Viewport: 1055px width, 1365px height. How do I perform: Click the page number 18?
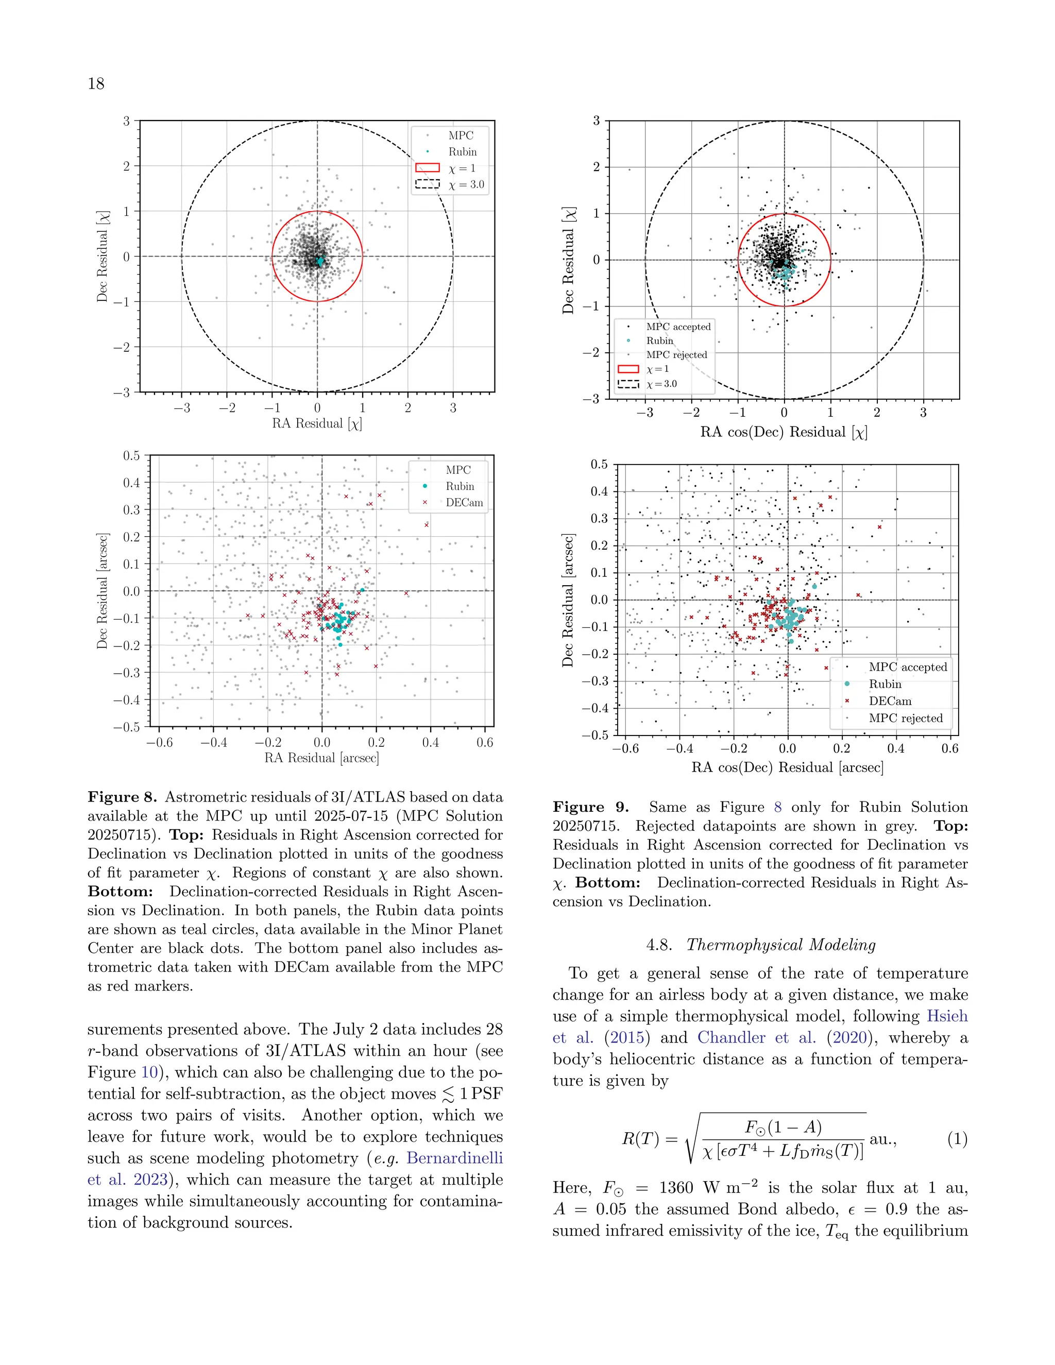(x=96, y=84)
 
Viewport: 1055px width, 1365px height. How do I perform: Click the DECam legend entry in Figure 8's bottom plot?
(x=464, y=503)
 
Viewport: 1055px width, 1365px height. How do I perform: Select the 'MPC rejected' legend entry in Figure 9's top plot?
(x=676, y=354)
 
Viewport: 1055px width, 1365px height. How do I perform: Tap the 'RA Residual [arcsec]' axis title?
(x=321, y=758)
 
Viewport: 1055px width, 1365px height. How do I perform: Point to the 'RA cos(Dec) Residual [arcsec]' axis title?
(x=787, y=767)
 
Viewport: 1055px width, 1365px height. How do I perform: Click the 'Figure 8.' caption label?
(x=122, y=797)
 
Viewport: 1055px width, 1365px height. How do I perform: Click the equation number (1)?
(x=957, y=1139)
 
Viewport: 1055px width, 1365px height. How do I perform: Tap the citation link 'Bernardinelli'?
(x=454, y=1158)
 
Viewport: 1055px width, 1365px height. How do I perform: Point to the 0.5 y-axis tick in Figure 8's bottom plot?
(x=131, y=456)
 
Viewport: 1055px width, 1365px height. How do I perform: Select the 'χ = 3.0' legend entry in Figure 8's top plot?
(x=466, y=184)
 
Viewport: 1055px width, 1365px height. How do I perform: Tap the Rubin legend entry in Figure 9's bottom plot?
(x=884, y=684)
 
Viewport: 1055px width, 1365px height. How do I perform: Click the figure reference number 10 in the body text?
(x=149, y=1072)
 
